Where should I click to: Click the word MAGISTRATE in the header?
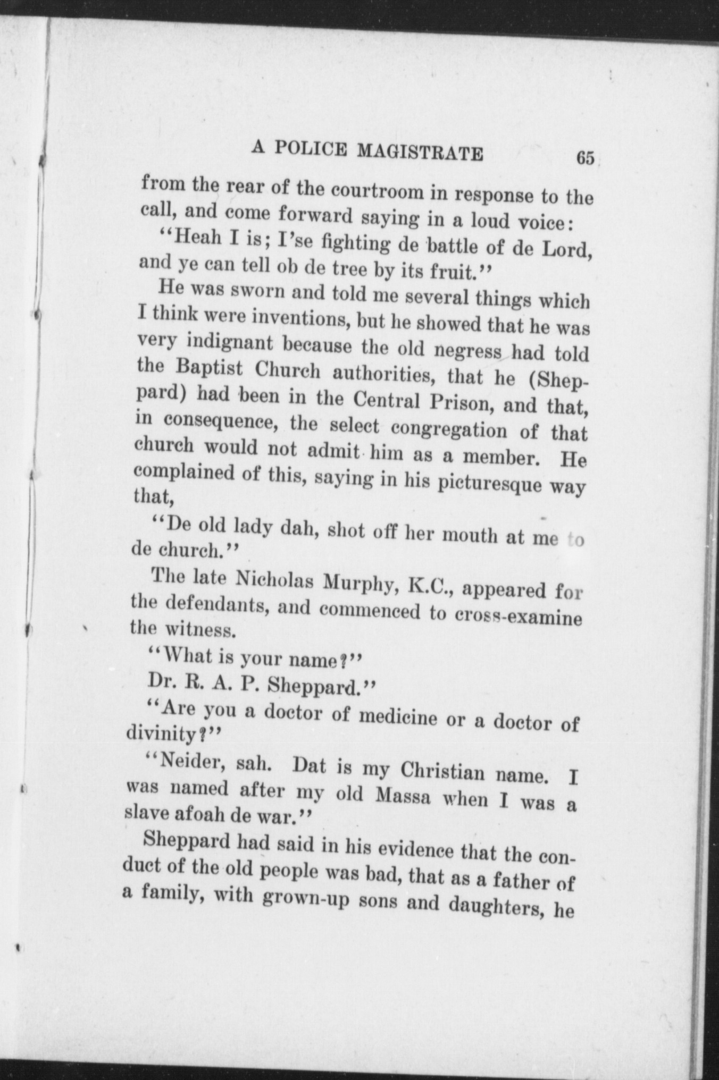[420, 153]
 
